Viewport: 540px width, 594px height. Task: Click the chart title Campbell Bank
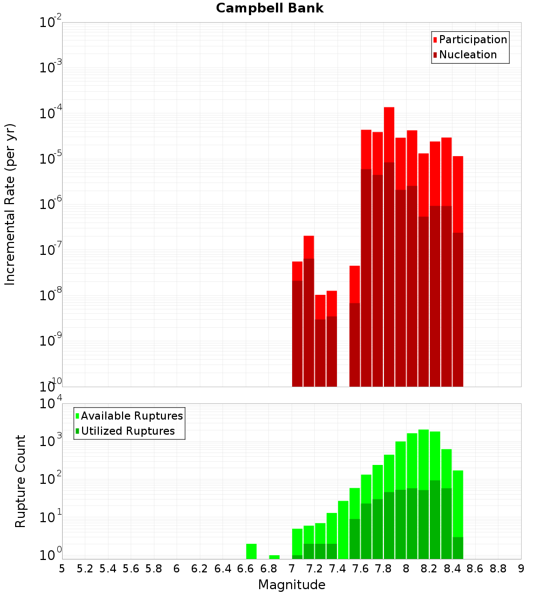[x=269, y=8]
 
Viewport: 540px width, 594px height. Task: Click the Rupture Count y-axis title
[x=21, y=481]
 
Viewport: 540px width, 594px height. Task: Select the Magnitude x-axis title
[x=292, y=585]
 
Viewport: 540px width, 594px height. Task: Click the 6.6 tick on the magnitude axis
[x=246, y=569]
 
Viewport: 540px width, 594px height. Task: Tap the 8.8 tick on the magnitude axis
[x=498, y=569]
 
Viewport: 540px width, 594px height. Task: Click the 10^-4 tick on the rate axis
[x=51, y=113]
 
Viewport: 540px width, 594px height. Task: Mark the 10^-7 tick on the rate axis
[x=51, y=250]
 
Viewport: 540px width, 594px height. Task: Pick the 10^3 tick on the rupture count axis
[x=51, y=442]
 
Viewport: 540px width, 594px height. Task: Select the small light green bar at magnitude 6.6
[x=251, y=551]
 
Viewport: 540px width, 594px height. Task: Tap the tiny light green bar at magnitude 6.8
[x=274, y=557]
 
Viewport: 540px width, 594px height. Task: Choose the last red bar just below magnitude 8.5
[x=458, y=194]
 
